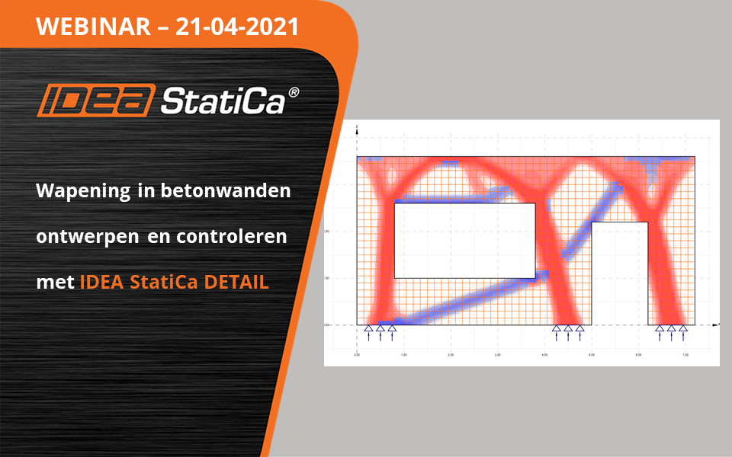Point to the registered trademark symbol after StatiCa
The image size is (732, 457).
294,92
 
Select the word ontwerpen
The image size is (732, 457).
84,237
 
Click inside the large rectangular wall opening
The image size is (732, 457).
464,241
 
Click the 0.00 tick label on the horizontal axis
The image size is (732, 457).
357,355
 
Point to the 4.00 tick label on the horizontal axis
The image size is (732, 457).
544,355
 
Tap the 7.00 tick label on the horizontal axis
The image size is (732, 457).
685,355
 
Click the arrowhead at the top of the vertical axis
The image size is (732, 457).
357,136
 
